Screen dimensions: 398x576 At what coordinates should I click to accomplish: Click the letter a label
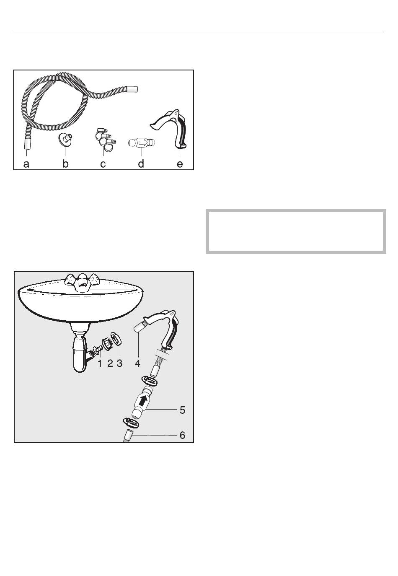tap(26, 163)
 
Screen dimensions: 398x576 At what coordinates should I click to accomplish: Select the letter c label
tap(103, 164)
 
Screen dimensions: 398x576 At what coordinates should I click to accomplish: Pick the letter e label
tap(180, 164)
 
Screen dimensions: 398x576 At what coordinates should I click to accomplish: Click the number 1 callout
tap(100, 363)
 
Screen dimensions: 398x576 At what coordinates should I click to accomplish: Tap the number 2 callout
tap(110, 363)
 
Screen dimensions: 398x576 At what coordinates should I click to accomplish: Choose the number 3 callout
tap(119, 363)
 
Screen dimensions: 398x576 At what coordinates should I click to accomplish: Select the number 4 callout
tap(137, 363)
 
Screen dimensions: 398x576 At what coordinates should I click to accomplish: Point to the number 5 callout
tap(182, 410)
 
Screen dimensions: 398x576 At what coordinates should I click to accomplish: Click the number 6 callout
tap(182, 435)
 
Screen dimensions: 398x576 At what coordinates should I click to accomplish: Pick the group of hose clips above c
tap(106, 140)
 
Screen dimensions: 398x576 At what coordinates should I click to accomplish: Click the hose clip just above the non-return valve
tap(149, 381)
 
